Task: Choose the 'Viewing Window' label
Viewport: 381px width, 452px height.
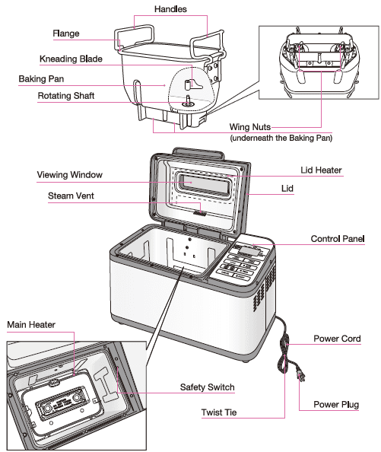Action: click(69, 175)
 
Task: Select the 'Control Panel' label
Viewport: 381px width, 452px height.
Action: click(338, 239)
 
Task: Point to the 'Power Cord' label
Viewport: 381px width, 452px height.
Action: click(337, 339)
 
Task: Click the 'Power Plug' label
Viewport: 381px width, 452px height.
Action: click(336, 405)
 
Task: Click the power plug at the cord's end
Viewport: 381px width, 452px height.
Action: click(299, 374)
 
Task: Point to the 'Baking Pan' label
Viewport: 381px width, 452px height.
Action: click(45, 78)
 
